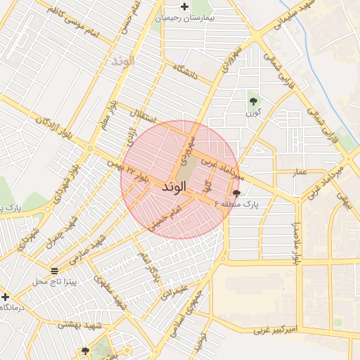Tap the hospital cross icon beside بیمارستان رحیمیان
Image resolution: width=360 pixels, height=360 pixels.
[x=184, y=7]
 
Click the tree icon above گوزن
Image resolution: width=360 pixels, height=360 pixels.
[x=253, y=102]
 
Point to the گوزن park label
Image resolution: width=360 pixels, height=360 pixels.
[x=254, y=112]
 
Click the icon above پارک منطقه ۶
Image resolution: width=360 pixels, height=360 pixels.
[x=235, y=192]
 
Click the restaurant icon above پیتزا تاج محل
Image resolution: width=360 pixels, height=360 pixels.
[x=54, y=271]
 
